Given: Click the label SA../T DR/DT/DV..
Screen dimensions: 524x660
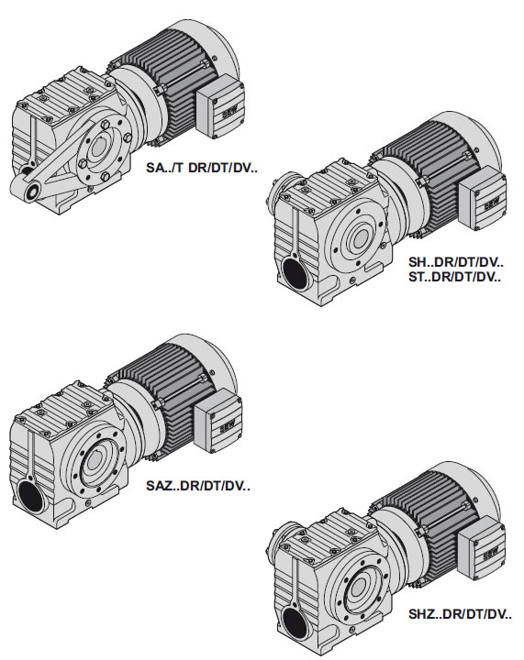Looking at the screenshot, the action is click(x=201, y=168).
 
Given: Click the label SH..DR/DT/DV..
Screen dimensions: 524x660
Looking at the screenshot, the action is click(x=456, y=262).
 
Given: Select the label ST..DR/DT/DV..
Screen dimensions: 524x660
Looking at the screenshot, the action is click(x=455, y=277).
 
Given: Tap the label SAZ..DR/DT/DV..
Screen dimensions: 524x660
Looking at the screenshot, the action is click(x=198, y=486).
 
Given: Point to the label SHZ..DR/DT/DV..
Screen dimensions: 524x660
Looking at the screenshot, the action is click(x=461, y=614).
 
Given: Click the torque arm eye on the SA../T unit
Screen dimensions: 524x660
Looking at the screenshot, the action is click(x=31, y=192).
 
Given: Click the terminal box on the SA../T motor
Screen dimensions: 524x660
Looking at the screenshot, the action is click(x=220, y=106).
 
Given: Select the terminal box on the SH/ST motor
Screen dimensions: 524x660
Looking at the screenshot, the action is click(x=483, y=198).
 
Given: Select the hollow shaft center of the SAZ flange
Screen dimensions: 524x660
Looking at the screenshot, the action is click(x=95, y=462).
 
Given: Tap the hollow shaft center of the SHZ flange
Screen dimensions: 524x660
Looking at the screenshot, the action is click(x=359, y=588).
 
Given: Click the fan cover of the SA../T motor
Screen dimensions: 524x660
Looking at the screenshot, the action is click(x=208, y=48).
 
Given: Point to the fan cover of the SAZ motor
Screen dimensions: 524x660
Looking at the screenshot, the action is click(x=207, y=362).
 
